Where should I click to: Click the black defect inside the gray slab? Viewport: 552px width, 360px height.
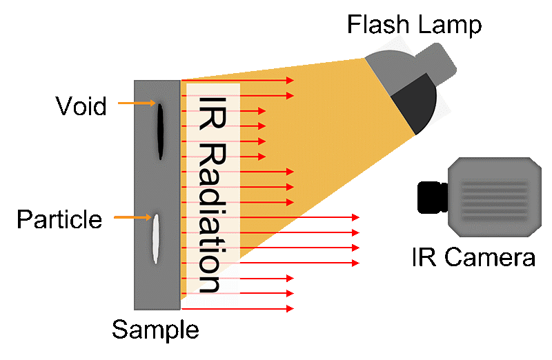(160, 131)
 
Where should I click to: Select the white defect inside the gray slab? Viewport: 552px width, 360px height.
(156, 239)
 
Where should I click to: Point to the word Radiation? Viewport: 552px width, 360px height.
(211, 217)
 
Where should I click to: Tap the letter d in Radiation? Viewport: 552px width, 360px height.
(211, 196)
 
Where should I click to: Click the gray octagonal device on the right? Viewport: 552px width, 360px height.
(495, 197)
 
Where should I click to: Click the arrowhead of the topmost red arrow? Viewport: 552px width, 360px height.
(290, 81)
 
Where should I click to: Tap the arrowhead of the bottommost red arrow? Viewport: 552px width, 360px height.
(290, 309)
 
